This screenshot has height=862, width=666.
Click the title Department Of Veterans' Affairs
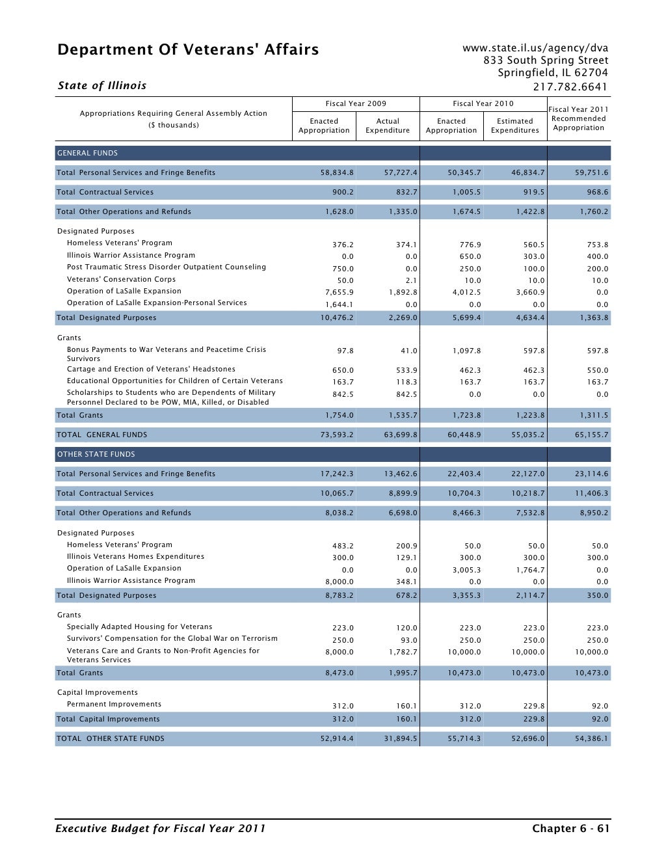coord(188,50)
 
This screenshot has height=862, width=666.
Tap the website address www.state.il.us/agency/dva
coord(535,48)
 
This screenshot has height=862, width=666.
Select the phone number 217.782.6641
coord(570,87)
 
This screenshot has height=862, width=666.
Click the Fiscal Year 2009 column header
coord(356,103)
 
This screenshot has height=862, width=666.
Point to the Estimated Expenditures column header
coord(514,126)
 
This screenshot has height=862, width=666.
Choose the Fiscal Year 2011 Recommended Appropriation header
coord(578,118)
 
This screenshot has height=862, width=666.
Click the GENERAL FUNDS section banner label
coord(88,154)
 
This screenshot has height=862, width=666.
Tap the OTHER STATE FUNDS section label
coord(96,455)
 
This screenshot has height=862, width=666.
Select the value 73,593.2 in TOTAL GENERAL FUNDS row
coord(337,435)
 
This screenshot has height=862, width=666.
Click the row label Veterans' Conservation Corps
coord(121,280)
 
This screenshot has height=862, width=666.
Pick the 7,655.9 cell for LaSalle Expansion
coord(340,293)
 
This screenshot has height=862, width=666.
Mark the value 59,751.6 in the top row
coord(591,173)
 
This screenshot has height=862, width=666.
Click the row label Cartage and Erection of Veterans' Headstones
coord(151,370)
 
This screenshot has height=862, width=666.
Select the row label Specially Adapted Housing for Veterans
coord(139,627)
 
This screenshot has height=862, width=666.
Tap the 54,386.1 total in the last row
coord(591,739)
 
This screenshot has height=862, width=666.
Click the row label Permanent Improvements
coord(114,705)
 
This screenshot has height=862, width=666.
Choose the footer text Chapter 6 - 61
coord(570,828)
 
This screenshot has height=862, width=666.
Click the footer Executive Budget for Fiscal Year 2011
coord(161,828)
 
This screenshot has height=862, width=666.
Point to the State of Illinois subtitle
coord(102,86)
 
